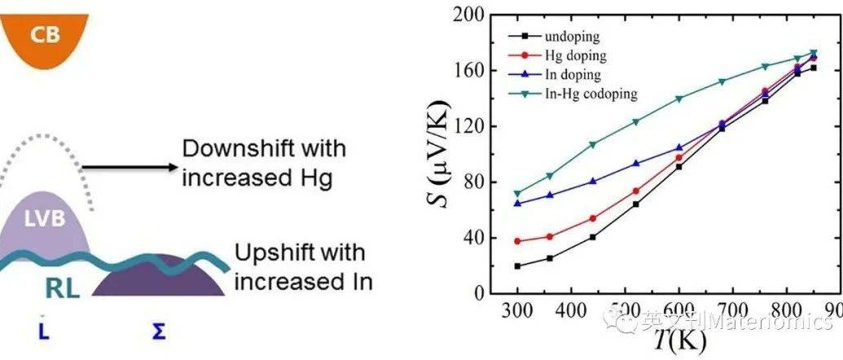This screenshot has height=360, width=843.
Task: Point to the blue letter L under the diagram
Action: (42, 331)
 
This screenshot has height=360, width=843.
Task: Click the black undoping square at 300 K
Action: (517, 266)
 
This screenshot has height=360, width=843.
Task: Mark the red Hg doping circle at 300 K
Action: (517, 241)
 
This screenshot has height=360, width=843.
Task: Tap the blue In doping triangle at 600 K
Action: (678, 148)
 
